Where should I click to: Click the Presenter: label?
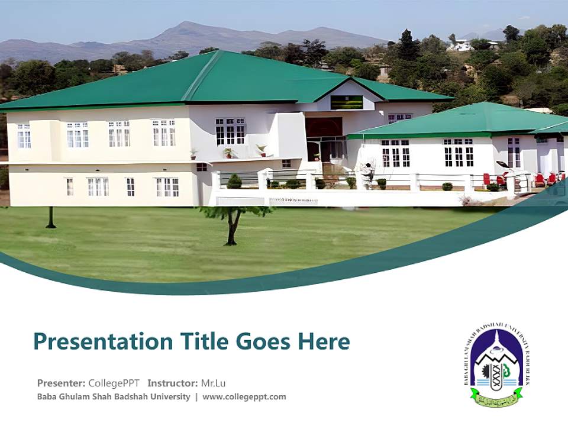tap(61, 383)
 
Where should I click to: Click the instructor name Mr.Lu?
tap(213, 383)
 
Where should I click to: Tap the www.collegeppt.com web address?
tap(244, 397)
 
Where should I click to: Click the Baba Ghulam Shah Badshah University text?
tap(114, 397)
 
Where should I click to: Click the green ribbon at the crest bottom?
tap(496, 398)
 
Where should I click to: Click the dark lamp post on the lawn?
tap(51, 217)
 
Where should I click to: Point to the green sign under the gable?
tap(346, 102)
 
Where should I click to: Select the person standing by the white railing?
tap(368, 172)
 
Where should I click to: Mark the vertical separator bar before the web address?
tap(196, 397)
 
